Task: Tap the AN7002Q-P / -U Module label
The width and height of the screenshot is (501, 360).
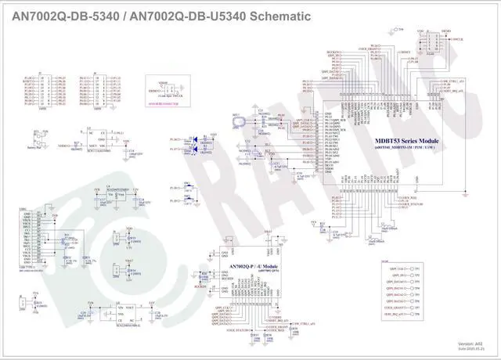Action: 250,267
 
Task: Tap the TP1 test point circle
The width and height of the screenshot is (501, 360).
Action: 416,269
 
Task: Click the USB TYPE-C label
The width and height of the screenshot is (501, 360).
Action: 27,266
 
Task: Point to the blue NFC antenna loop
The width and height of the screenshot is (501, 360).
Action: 239,120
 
